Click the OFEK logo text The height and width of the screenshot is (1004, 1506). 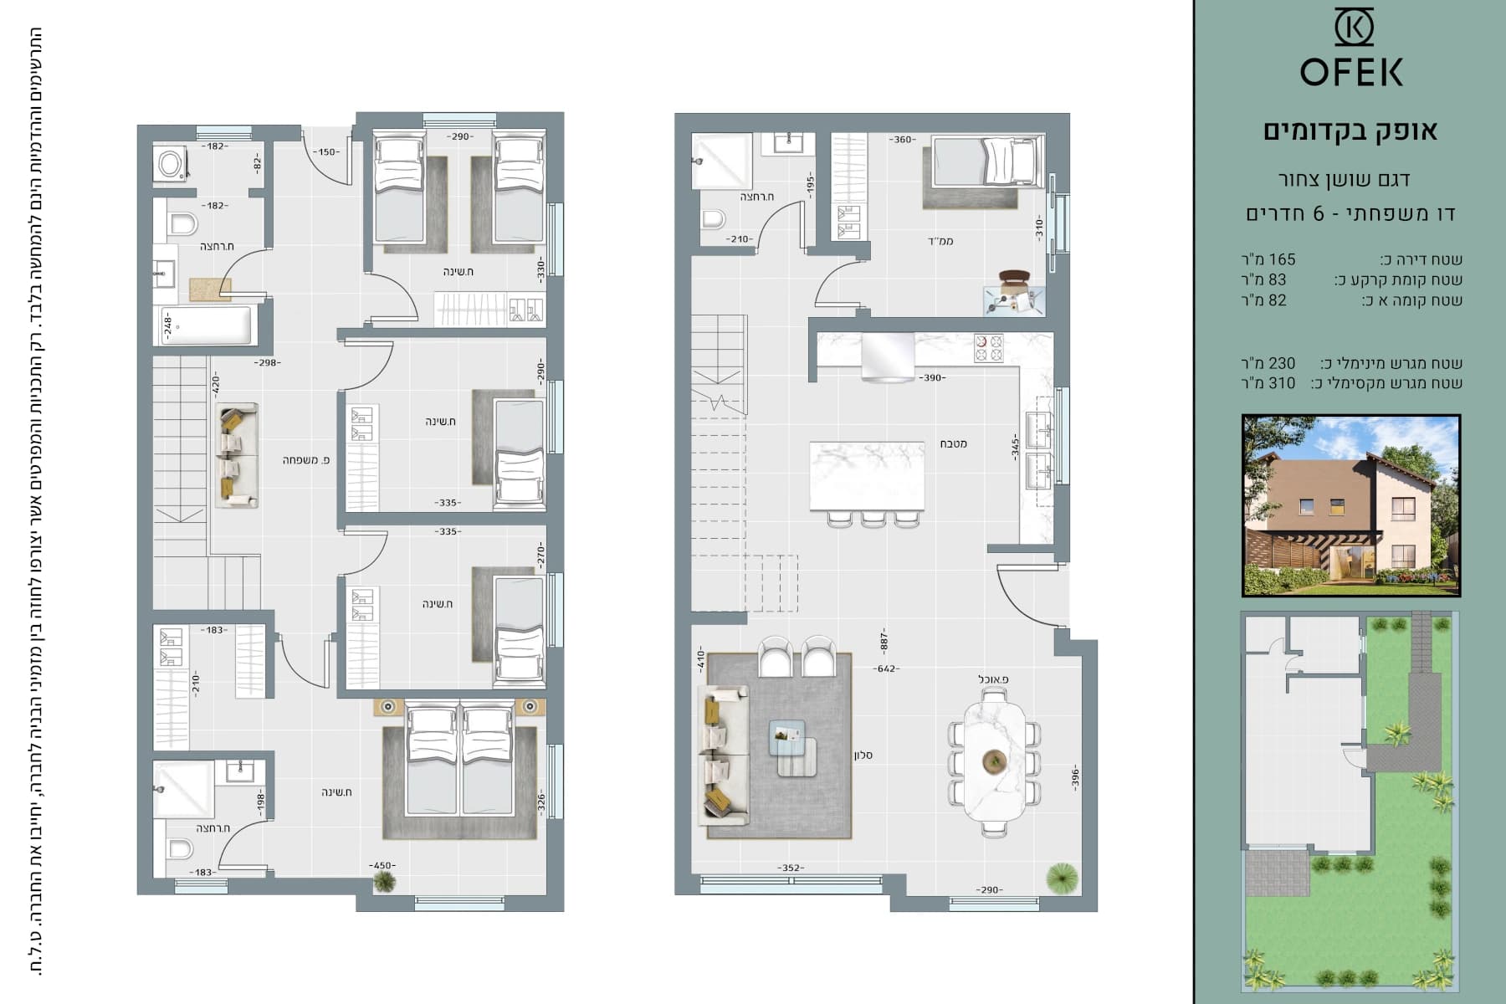[1351, 72]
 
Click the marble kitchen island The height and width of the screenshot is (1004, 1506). [867, 476]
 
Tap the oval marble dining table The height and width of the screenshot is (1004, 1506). [994, 761]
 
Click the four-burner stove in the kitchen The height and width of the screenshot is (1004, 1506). [988, 348]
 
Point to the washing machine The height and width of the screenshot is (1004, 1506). [172, 164]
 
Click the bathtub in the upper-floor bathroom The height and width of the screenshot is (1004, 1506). [205, 325]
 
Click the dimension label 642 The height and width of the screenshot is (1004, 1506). [886, 668]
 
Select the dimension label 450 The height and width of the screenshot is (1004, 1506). [382, 866]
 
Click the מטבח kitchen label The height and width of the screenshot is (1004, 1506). [953, 443]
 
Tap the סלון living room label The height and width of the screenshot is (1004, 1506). [863, 755]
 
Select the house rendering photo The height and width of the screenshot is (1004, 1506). [1351, 505]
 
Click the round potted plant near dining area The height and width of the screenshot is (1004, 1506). [1062, 877]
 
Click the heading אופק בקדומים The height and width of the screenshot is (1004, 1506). [1350, 131]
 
